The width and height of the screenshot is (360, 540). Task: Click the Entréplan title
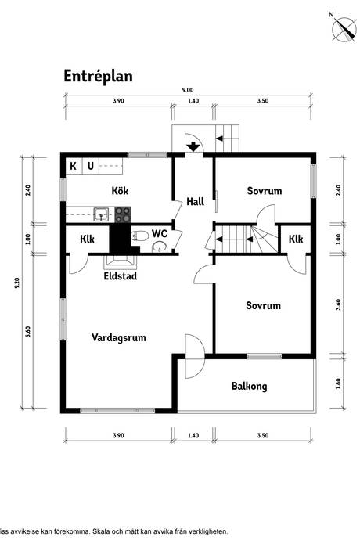(98, 77)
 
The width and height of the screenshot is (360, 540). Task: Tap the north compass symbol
(344, 29)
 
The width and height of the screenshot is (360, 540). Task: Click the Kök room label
(120, 190)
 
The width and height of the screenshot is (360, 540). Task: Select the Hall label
(196, 201)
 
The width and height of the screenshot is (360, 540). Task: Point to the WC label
(160, 233)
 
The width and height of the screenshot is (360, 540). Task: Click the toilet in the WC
(139, 236)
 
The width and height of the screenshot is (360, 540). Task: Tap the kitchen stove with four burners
(123, 214)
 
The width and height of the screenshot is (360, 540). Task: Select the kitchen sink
(101, 214)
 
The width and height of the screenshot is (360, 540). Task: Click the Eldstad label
(121, 275)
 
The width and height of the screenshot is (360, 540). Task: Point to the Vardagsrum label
(118, 337)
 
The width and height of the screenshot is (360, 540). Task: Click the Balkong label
(249, 386)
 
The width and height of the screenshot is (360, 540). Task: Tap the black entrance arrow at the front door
(194, 146)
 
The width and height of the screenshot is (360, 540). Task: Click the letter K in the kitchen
(73, 167)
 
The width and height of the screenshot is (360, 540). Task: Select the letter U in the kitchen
(91, 167)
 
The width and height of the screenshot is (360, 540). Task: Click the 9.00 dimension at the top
(188, 90)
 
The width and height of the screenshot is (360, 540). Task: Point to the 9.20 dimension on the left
(17, 283)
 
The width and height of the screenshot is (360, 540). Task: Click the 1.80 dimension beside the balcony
(338, 383)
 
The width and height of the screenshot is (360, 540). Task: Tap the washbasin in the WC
(159, 247)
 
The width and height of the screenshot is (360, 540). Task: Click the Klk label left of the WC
(87, 239)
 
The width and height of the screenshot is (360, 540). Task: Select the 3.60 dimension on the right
(338, 304)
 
